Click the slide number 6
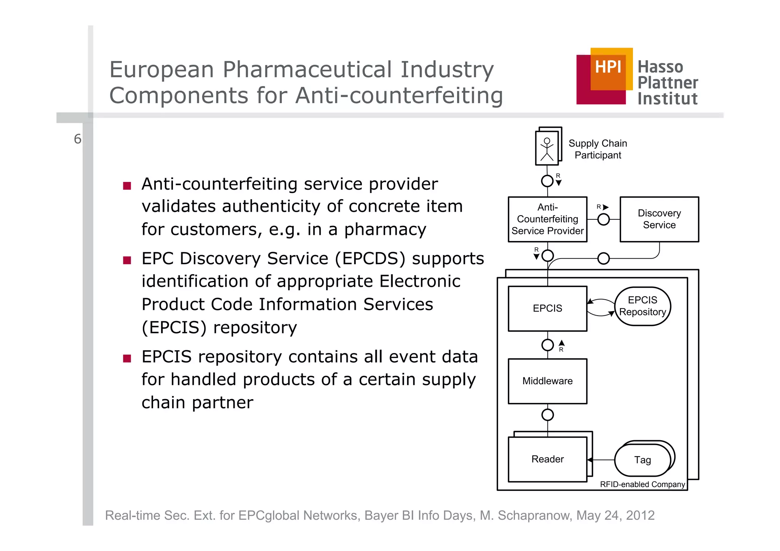77,139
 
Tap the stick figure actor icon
547,149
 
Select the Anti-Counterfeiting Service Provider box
547,219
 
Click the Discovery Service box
659,219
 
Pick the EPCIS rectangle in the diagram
547,308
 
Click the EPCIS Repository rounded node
643,306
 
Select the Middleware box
547,381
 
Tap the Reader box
547,459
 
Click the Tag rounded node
643,460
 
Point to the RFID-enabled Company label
643,484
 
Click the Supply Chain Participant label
598,149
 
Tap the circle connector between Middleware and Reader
547,415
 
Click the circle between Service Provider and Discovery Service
604,219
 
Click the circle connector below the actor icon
547,181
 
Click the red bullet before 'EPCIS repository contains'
127,358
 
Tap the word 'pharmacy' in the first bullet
385,230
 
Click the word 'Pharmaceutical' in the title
307,70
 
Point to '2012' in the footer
640,515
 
